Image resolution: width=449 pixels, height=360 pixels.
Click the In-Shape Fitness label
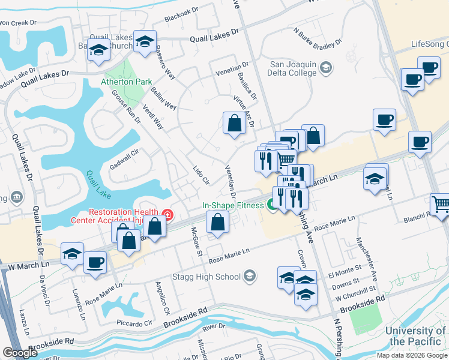[232, 205]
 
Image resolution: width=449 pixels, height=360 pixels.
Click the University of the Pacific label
[415, 336]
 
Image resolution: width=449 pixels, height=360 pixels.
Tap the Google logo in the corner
[20, 353]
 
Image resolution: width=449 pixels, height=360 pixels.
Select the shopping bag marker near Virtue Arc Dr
[234, 124]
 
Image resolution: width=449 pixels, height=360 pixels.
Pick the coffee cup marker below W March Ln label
[95, 263]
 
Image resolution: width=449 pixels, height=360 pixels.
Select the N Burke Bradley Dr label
[318, 37]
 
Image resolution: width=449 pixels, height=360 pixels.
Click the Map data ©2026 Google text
[411, 355]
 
